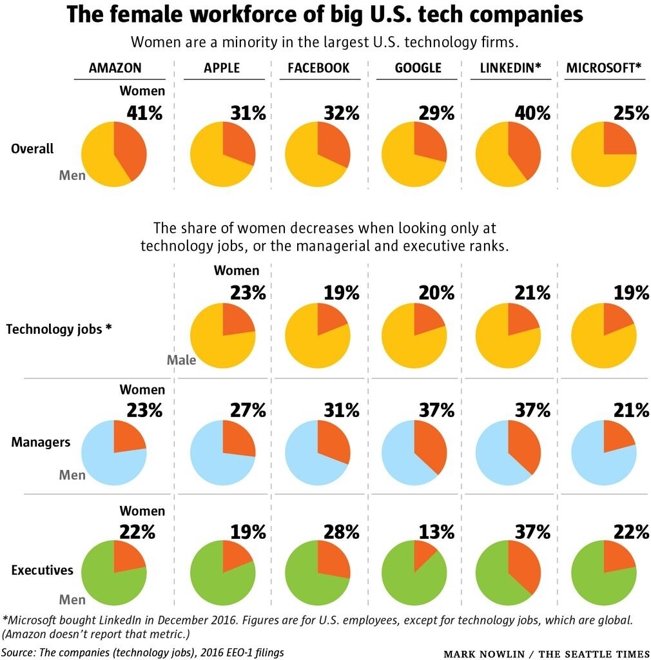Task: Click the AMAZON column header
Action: pos(115,68)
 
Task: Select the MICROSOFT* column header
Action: pos(604,68)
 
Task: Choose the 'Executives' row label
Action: pos(42,570)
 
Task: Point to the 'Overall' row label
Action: pos(32,148)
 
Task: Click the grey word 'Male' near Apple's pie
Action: pos(181,360)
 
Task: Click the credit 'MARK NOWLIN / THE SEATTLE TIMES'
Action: pos(545,654)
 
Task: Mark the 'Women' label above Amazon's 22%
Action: pos(142,510)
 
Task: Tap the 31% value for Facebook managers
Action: pos(341,410)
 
